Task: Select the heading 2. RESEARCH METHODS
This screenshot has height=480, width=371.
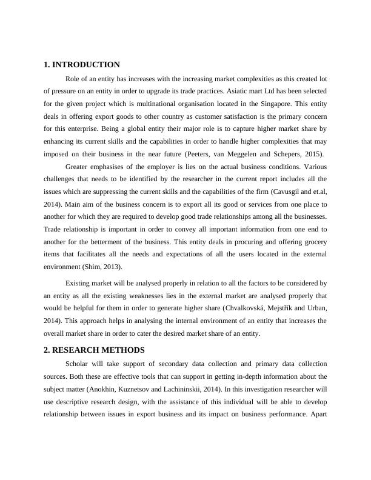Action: click(94, 350)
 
